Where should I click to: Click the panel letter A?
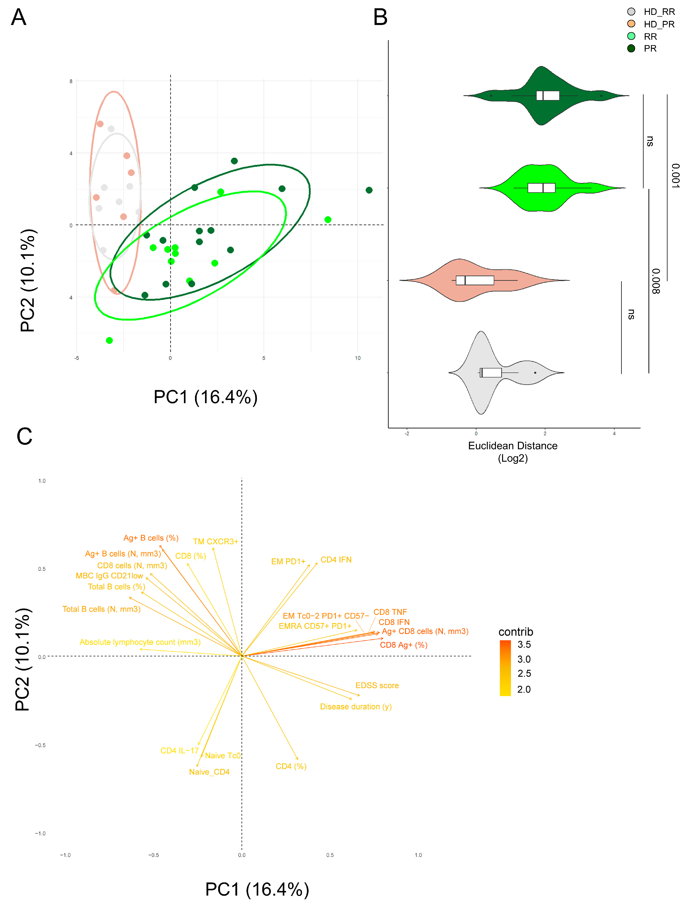pos(18,17)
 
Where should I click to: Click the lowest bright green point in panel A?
pos(109,340)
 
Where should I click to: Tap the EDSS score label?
pos(377,685)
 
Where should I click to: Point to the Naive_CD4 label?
pos(209,772)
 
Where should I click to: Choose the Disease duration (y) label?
pos(356,707)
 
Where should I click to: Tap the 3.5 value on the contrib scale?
pos(524,644)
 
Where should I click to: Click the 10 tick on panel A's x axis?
pos(358,358)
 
